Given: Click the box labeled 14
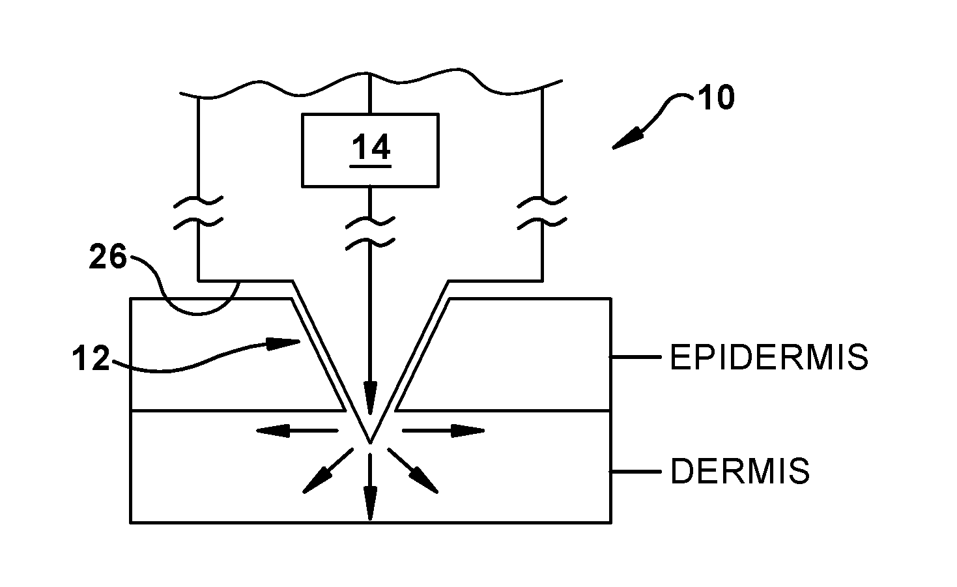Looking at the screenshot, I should (369, 149).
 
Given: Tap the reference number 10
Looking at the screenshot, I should (716, 98).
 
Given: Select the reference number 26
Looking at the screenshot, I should (107, 259).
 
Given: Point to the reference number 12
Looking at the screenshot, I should (91, 359).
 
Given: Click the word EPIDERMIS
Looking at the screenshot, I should (769, 358).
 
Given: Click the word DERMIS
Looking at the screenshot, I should (740, 471).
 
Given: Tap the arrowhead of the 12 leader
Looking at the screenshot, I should (287, 343).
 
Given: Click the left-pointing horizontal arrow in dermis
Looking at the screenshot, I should (296, 430).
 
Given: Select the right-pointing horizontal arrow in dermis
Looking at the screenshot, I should (444, 430).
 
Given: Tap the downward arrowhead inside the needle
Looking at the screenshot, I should (370, 401).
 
